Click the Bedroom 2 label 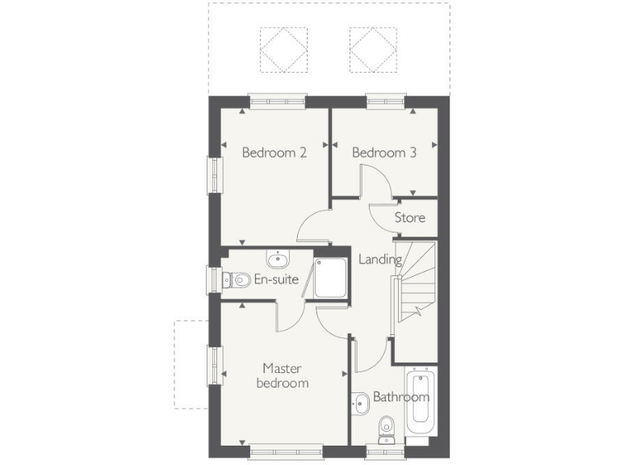[274, 153]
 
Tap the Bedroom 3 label [384, 153]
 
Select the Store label [409, 217]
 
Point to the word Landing [380, 260]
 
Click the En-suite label [276, 280]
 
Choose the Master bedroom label [283, 375]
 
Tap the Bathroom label [400, 397]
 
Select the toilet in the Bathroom [387, 425]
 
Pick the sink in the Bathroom [360, 399]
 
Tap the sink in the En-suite [278, 260]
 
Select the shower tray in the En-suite [330, 278]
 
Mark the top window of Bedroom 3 [385, 101]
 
